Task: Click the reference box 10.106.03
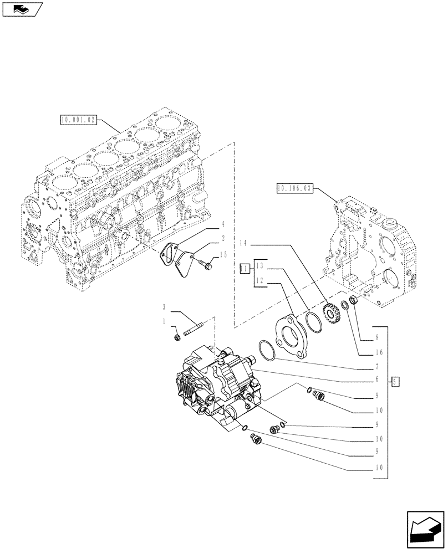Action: pyautogui.click(x=294, y=189)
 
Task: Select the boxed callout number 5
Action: pyautogui.click(x=394, y=381)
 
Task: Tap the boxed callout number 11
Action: pyautogui.click(x=243, y=269)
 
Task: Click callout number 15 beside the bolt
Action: pyautogui.click(x=223, y=254)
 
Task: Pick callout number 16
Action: pyautogui.click(x=378, y=352)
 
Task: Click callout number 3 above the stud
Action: pyautogui.click(x=164, y=306)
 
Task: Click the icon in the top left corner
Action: pyautogui.click(x=22, y=9)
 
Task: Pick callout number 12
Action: pyautogui.click(x=261, y=282)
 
